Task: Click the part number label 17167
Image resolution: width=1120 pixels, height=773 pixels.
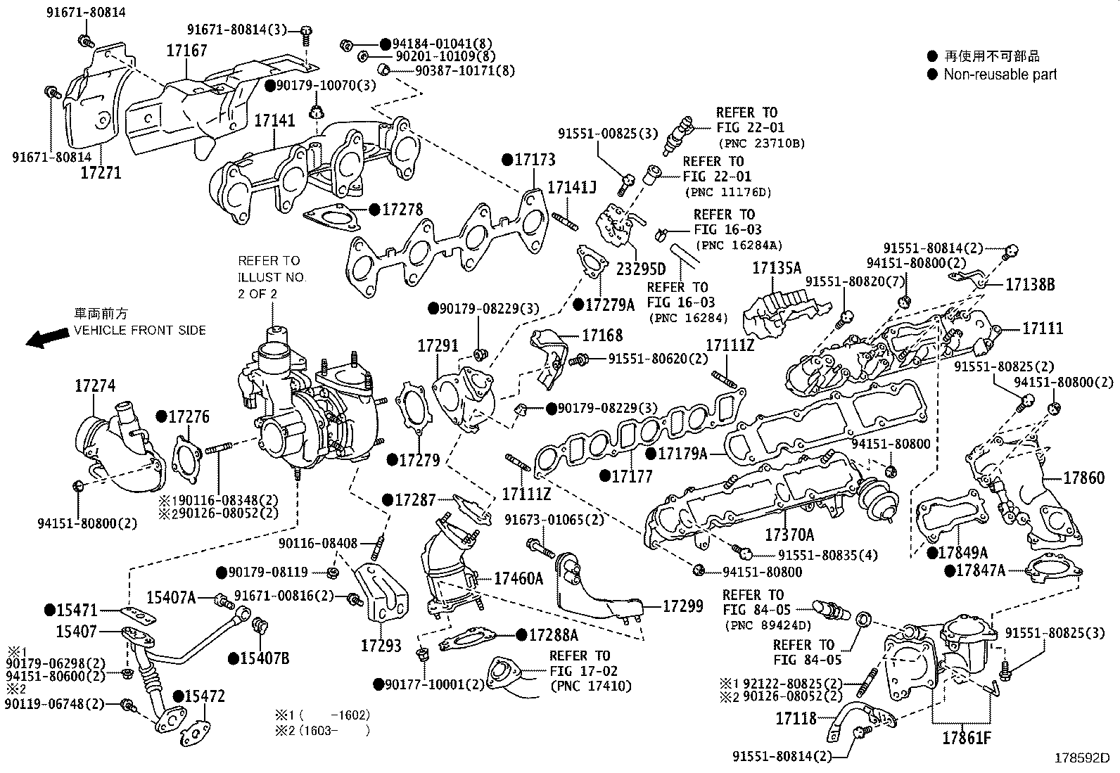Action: (186, 51)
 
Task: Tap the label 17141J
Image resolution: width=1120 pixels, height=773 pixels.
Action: (571, 188)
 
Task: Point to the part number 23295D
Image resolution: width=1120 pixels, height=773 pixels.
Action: (640, 269)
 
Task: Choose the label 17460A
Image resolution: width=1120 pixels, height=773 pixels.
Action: (518, 578)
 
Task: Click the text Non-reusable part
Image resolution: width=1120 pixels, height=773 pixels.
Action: (1000, 75)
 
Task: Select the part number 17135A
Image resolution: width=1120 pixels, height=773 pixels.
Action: (777, 268)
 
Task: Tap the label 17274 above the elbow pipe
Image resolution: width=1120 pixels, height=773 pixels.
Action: (95, 385)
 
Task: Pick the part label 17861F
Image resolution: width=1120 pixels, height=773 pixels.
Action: (967, 739)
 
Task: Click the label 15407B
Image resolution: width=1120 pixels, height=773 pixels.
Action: (265, 658)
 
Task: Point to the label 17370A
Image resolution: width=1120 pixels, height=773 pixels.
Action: (789, 535)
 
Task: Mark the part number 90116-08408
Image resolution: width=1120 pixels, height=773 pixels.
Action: (317, 543)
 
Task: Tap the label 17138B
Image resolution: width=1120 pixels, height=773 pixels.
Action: (1029, 284)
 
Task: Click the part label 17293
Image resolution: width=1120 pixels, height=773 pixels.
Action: (381, 644)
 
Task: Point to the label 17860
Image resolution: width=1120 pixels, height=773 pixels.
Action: (1083, 478)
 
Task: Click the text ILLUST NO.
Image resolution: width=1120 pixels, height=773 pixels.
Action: (272, 277)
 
